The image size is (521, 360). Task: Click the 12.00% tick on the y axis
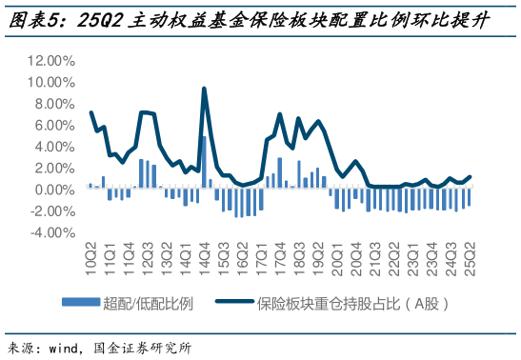[x=50, y=60]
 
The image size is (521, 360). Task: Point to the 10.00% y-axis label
[x=50, y=82]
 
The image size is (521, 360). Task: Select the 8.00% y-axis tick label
[x=53, y=103]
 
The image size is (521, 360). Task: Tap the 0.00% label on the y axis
[x=53, y=190]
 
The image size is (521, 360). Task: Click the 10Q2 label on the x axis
[x=90, y=255]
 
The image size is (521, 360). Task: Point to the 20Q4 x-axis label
[x=356, y=255]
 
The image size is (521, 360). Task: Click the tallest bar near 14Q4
[x=204, y=162]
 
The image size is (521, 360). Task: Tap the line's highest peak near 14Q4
[x=204, y=89]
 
